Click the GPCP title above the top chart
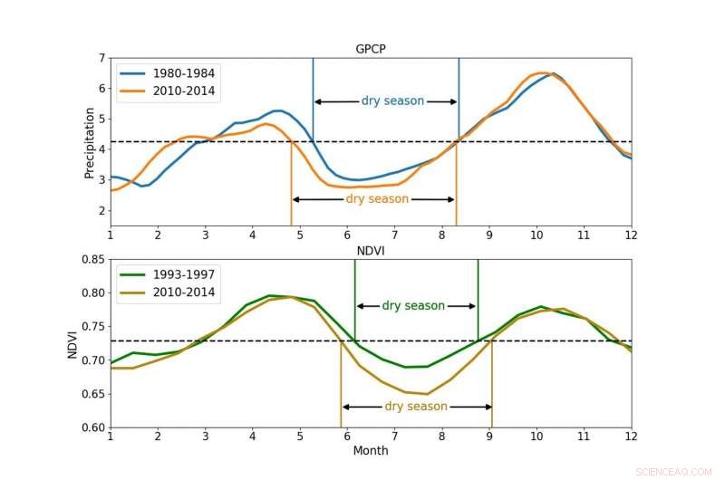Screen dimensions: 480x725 [x=371, y=51]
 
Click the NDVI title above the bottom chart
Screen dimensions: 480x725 [x=371, y=251]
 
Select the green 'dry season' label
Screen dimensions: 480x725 [x=413, y=306]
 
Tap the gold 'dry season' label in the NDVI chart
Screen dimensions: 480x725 [x=416, y=407]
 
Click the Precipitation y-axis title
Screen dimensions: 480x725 [x=90, y=142]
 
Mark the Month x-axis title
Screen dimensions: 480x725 [x=371, y=450]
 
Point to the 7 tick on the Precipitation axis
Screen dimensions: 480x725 [x=100, y=58]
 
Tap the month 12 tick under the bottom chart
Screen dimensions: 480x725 [x=631, y=437]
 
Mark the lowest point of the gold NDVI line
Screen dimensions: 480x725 [x=426, y=394]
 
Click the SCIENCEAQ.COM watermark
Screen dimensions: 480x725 [x=676, y=469]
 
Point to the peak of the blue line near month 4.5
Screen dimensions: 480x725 [x=278, y=110]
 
